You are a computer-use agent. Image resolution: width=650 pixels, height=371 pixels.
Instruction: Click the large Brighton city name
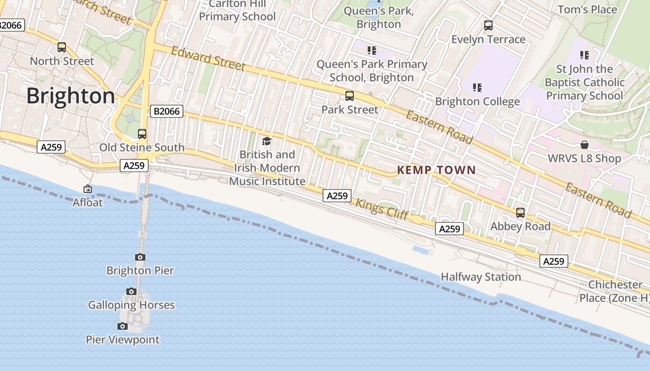(71, 96)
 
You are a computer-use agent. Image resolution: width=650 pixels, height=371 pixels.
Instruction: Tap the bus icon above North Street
(62, 47)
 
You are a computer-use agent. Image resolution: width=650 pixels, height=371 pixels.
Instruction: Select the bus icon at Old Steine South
(142, 134)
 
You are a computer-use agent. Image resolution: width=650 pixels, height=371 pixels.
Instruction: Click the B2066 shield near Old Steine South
(167, 111)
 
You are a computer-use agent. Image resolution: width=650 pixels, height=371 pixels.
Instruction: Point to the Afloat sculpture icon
(87, 189)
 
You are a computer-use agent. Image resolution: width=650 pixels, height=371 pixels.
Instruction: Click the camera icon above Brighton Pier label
(140, 257)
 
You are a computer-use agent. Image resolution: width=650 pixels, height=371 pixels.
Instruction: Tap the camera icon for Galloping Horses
(131, 292)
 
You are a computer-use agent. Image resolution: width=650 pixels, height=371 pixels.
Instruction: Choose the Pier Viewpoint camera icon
(123, 326)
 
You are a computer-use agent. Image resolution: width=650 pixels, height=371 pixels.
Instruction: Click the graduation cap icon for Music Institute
(266, 141)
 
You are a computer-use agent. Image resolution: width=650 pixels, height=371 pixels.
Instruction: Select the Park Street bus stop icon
(350, 96)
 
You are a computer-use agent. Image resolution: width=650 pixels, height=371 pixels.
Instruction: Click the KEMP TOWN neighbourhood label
(436, 170)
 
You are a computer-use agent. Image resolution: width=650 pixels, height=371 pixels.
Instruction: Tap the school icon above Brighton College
(477, 87)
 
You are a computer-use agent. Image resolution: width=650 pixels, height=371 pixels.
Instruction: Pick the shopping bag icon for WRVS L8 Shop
(584, 145)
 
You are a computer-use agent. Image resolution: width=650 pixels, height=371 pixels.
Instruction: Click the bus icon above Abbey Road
(520, 213)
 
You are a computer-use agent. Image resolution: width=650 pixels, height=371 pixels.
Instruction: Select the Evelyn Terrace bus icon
(488, 26)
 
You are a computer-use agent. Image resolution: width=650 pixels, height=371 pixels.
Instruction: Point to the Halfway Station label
(481, 277)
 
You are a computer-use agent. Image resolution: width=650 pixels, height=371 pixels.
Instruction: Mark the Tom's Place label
(587, 9)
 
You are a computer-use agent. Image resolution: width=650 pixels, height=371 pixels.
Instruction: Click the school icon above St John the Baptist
(584, 55)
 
